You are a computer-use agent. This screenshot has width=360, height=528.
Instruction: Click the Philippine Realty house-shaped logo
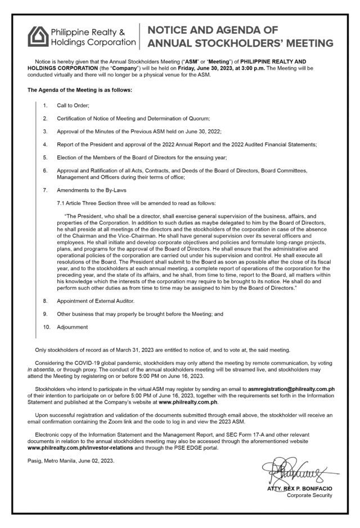pos(37,35)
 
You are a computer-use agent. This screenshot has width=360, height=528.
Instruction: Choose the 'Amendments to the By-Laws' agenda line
pos(92,190)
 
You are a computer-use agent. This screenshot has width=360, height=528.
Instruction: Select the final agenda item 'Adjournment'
pos(71,326)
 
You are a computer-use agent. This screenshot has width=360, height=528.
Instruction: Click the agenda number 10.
pos(46,326)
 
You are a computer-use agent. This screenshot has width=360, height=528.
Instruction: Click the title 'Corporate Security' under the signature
pos(309,495)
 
